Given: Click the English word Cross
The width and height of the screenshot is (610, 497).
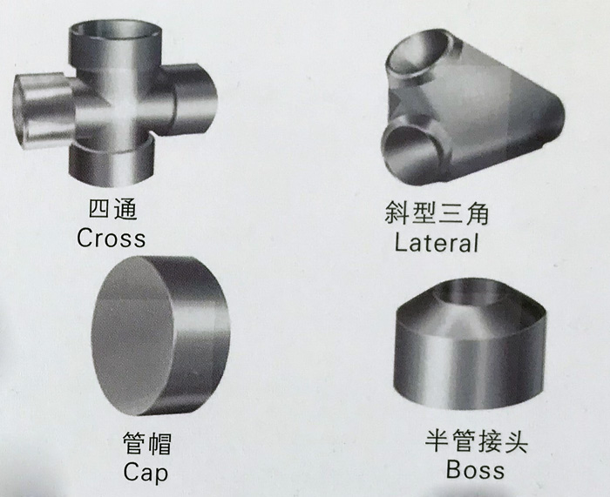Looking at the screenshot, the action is point(111,238).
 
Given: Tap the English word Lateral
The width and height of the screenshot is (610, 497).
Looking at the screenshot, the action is point(436,243).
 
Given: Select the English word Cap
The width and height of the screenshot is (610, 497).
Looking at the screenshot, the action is point(146,473).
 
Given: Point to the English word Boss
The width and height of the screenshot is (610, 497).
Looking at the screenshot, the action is point(475,469).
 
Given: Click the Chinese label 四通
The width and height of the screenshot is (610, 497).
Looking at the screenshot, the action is point(112,209).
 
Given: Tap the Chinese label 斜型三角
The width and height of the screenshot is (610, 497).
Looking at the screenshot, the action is point(436,213).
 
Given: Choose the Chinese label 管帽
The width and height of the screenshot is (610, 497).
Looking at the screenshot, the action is point(147,443).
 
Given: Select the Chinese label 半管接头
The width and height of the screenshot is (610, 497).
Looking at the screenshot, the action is point(476,440).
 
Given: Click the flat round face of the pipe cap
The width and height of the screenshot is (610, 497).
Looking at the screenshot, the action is point(132,335).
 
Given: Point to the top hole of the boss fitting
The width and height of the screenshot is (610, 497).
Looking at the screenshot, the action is point(471,292).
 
